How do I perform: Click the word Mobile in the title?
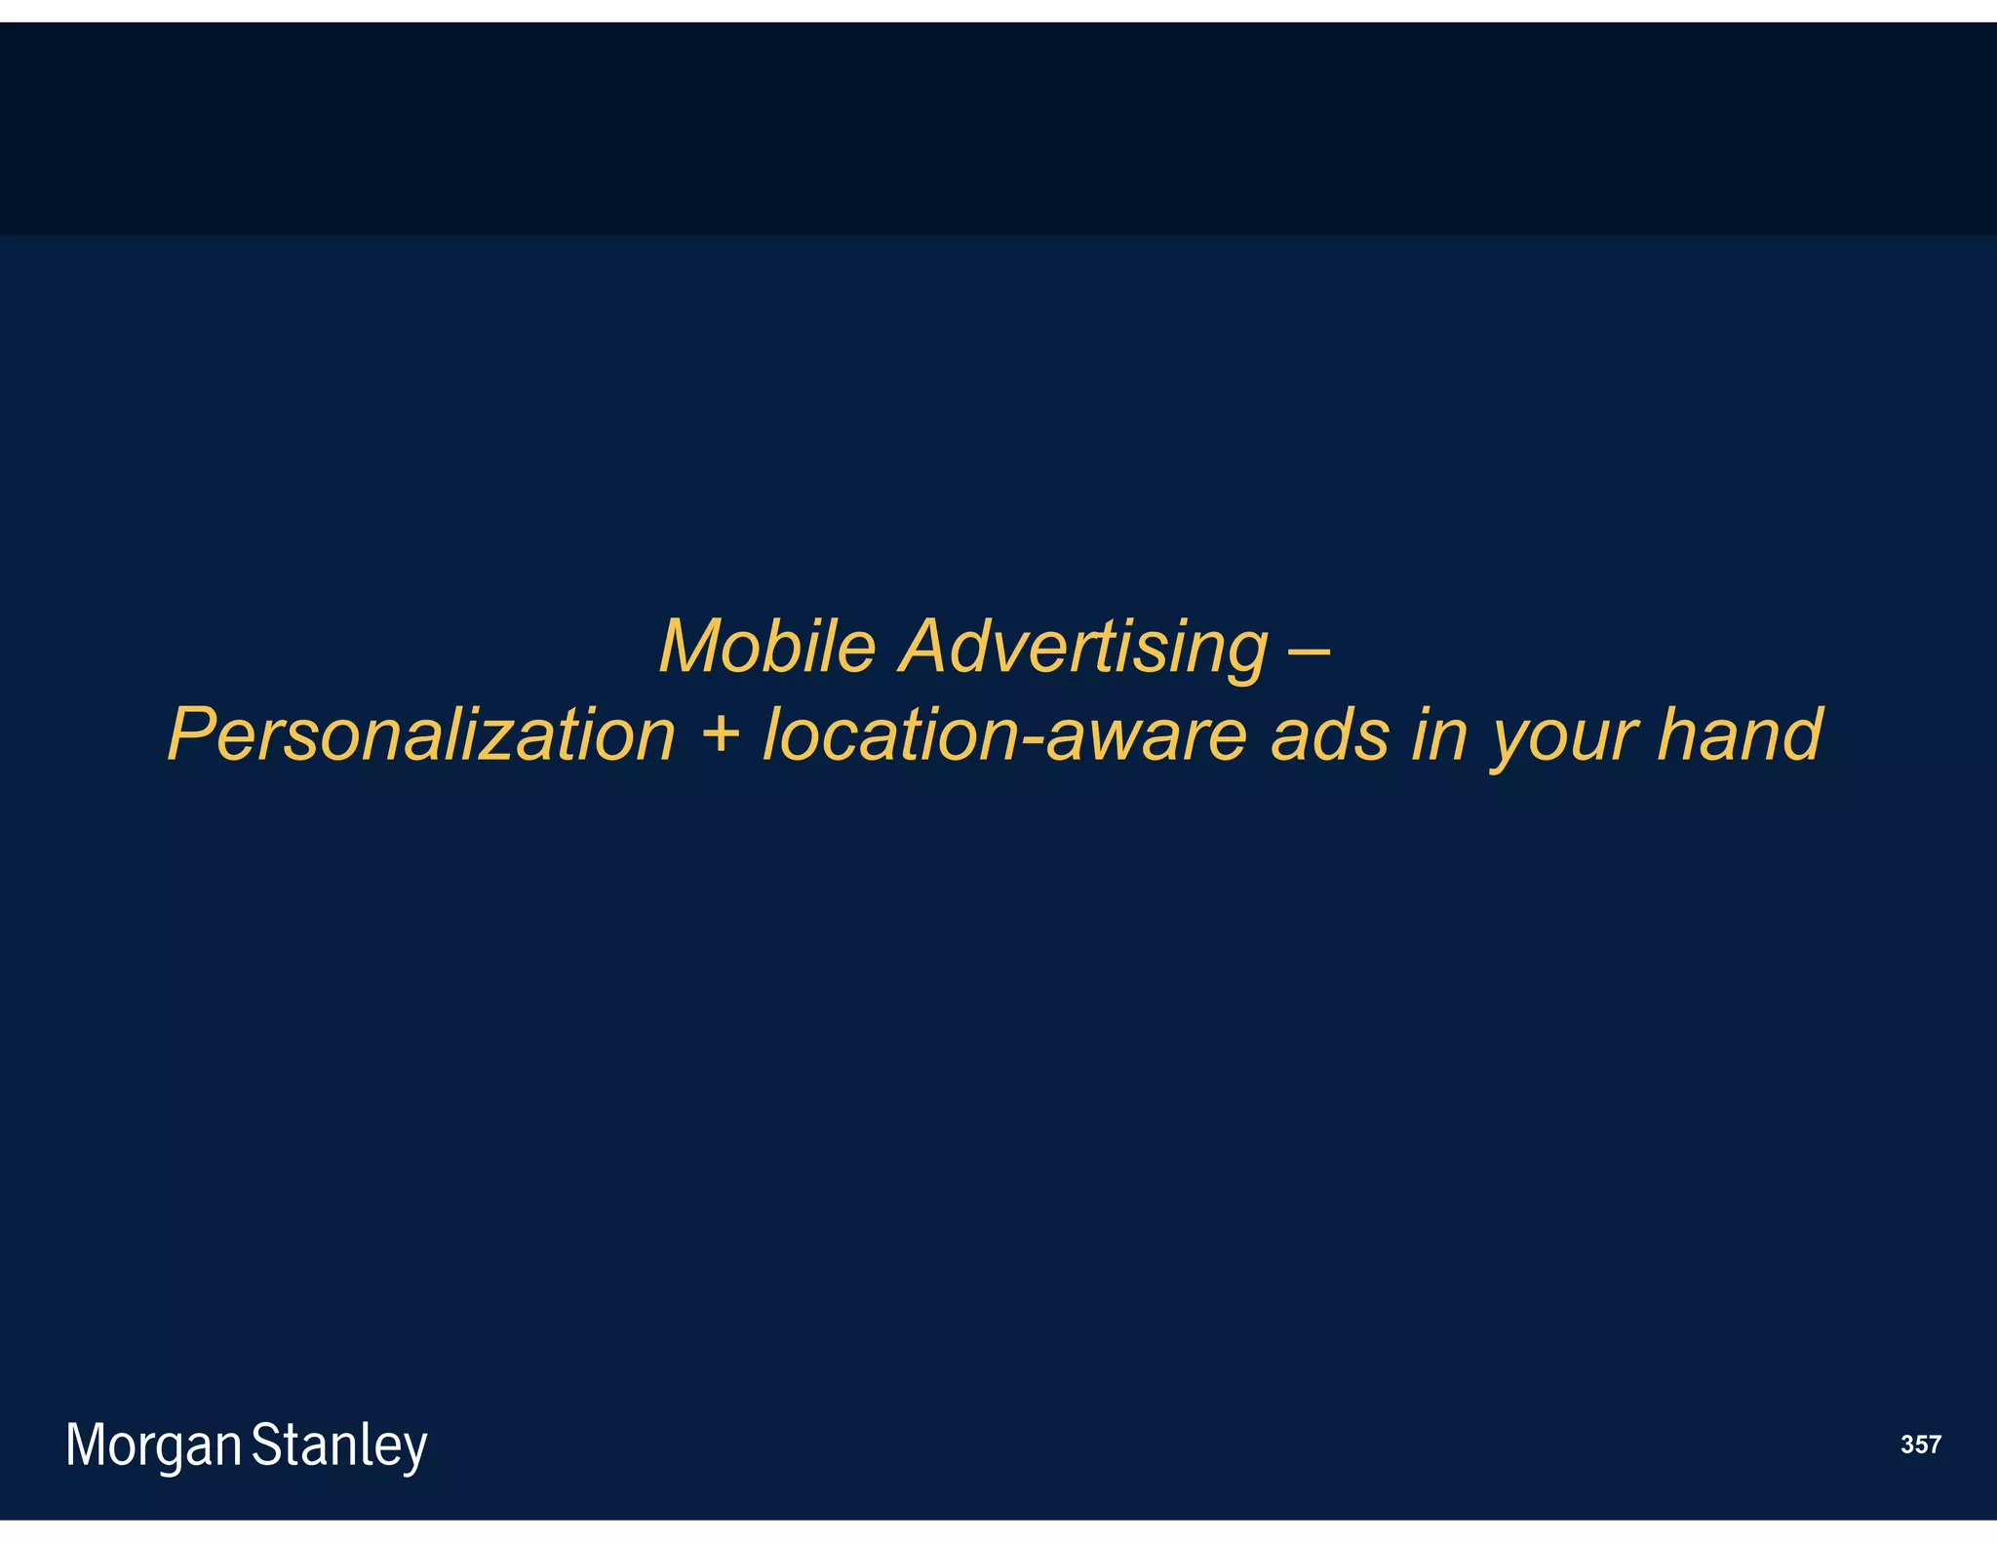(767, 646)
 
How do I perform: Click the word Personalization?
(421, 735)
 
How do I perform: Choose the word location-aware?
(1004, 735)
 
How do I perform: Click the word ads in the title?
(1330, 735)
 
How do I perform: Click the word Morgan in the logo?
(153, 1445)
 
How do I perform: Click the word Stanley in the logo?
(339, 1445)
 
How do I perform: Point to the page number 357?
(1920, 1444)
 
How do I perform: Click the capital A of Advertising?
(926, 646)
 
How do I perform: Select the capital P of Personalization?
(193, 733)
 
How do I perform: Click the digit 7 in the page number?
(1934, 1444)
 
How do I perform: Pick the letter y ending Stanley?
(415, 1450)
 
